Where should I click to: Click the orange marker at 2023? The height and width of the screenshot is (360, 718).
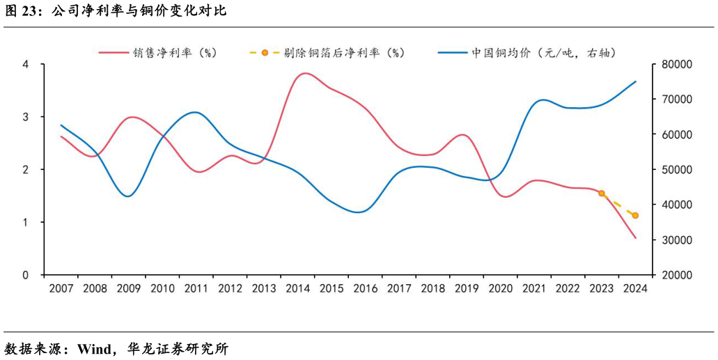point(602,193)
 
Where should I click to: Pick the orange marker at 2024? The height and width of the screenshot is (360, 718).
point(635,216)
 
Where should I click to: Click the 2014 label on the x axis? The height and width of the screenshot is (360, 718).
point(297,288)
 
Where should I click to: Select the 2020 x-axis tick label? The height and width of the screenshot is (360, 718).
point(500,288)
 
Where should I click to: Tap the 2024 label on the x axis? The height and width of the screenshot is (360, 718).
point(635,288)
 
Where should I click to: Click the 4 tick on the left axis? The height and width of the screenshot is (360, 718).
point(26,64)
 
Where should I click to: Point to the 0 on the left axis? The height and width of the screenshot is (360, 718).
point(26,275)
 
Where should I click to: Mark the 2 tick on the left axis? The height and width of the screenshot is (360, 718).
point(26,170)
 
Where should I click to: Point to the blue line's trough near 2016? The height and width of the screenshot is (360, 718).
point(359,212)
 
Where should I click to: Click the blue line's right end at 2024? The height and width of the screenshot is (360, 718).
point(635,81)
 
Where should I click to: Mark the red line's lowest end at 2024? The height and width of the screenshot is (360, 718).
point(635,238)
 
